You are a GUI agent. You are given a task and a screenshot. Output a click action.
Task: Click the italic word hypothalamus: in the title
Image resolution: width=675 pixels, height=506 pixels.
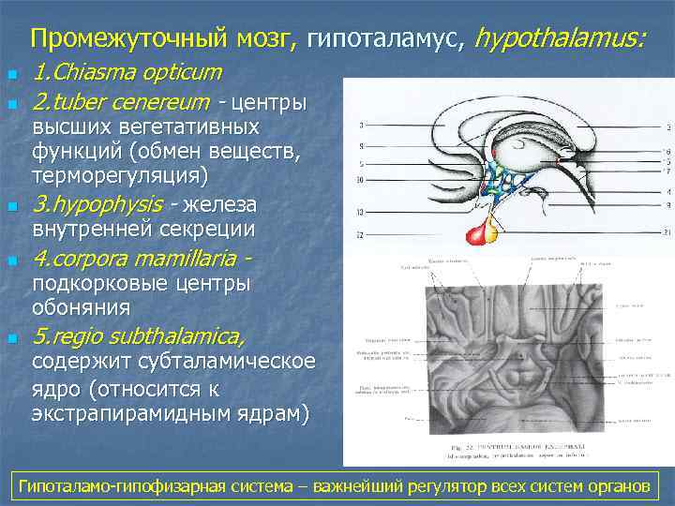point(560,38)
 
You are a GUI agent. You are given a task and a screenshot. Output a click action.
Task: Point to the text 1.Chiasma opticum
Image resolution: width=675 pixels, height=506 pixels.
point(127,72)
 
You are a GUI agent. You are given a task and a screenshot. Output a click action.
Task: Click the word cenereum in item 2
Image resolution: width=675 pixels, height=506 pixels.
point(155,100)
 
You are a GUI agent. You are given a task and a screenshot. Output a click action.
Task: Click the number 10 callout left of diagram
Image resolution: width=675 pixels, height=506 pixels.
point(360,178)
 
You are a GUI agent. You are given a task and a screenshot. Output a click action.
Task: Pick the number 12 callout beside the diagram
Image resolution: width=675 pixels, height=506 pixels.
point(359,233)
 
